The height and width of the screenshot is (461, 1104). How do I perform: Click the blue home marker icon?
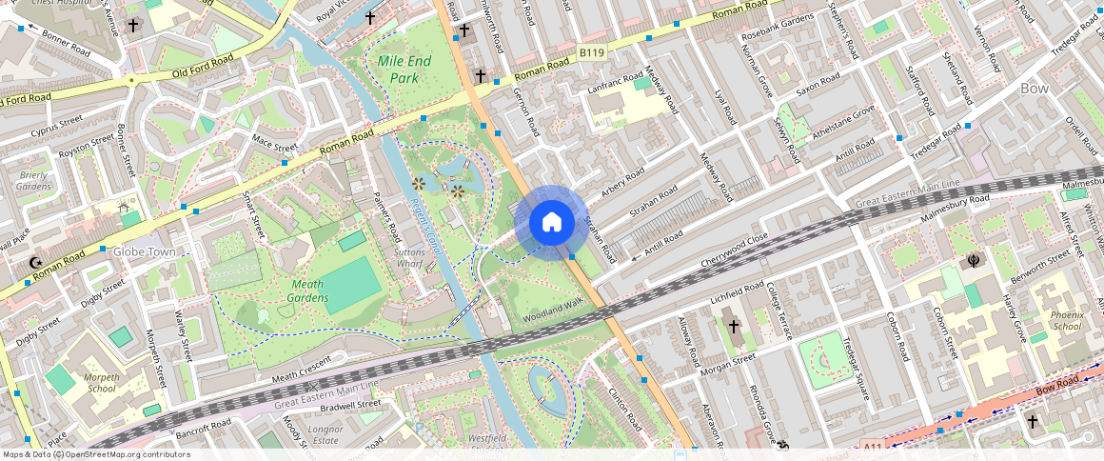pyautogui.click(x=551, y=223)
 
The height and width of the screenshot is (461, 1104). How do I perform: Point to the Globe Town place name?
pyautogui.click(x=145, y=252)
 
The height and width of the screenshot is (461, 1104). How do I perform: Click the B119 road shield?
pyautogui.click(x=592, y=55)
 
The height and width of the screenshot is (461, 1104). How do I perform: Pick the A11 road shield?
pyautogui.click(x=874, y=445)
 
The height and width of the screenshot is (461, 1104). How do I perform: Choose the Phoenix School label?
pyautogui.click(x=1067, y=320)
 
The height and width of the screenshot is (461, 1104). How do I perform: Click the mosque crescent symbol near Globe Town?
pyautogui.click(x=36, y=263)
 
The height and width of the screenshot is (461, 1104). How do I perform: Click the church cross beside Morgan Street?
pyautogui.click(x=733, y=327)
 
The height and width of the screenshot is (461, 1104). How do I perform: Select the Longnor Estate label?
pyautogui.click(x=325, y=435)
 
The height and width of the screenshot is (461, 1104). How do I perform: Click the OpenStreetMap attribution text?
pyautogui.click(x=96, y=454)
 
